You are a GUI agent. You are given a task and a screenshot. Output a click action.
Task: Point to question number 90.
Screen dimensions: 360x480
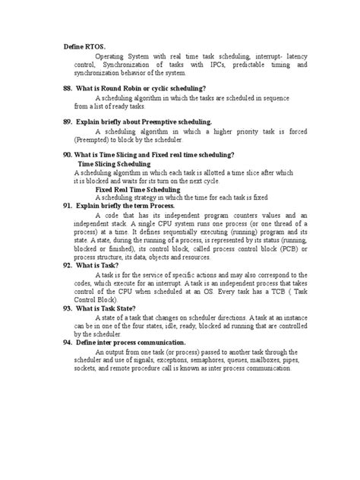(x=68, y=155)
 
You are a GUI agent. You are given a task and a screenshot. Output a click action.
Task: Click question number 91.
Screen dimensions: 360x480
(x=68, y=206)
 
